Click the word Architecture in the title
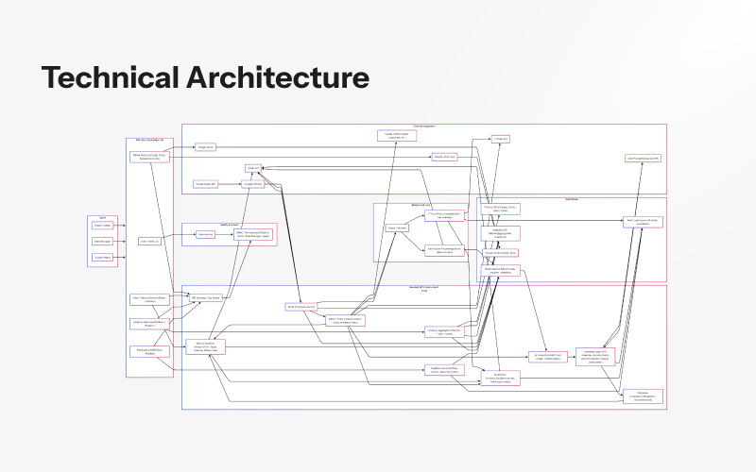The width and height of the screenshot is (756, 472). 274,77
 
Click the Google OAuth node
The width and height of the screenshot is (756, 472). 206,147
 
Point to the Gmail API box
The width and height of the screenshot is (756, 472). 252,168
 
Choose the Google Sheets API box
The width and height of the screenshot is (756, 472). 206,183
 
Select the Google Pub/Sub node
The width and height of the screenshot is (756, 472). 252,183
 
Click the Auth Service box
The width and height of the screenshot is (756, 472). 205,234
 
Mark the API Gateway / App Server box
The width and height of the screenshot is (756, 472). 205,297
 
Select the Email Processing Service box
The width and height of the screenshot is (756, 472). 301,307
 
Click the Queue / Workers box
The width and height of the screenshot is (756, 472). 397,228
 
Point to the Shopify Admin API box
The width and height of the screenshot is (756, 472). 444,157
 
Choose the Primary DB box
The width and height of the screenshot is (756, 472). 501,209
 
